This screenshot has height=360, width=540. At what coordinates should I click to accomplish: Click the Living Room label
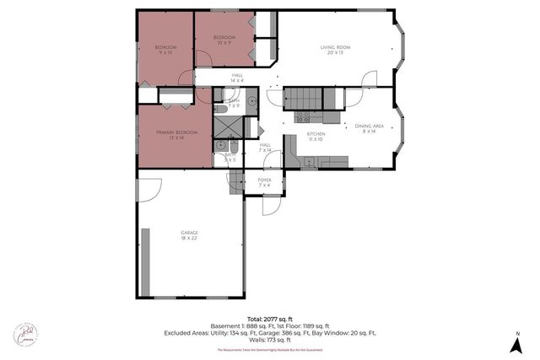[x=334, y=47]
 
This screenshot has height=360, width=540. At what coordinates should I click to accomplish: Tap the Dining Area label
[x=370, y=126]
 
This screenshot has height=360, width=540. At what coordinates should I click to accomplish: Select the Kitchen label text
[x=316, y=134]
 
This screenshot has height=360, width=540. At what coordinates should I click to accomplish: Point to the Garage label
[x=189, y=233]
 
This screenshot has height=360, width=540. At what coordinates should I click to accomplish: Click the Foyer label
[x=264, y=180]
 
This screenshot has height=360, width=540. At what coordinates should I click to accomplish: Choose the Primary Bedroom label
[x=176, y=132]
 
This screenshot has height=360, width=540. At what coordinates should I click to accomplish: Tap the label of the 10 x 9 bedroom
[x=224, y=38]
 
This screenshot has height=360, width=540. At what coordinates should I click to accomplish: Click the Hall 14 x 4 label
[x=238, y=76]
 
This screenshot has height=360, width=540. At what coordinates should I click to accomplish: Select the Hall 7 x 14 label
[x=265, y=145]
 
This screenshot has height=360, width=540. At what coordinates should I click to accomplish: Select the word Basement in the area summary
[x=225, y=325]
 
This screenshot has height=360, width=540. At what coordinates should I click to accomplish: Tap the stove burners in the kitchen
[x=303, y=116]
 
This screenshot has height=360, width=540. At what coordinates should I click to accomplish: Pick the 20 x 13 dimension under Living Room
[x=334, y=52]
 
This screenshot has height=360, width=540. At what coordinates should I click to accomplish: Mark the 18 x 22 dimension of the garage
[x=189, y=239]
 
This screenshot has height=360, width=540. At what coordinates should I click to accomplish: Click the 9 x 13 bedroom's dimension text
[x=165, y=52]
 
